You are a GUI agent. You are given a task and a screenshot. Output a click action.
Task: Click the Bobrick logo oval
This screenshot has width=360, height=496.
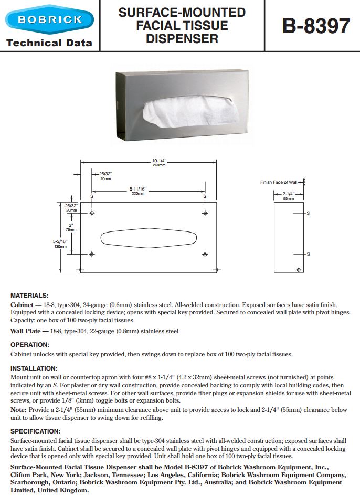pyautogui.click(x=49, y=20)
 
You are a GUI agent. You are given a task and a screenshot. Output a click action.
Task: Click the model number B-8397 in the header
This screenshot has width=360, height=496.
pyautogui.click(x=316, y=26)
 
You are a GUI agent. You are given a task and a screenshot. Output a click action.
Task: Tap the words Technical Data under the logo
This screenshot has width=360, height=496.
pyautogui.click(x=49, y=43)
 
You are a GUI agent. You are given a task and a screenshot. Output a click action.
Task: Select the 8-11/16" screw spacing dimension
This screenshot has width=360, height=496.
pyautogui.click(x=138, y=191)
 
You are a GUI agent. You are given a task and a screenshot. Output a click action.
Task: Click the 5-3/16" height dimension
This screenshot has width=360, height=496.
pyautogui.click(x=60, y=242)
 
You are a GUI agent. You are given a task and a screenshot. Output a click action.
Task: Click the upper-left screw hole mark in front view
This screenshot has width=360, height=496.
pyautogui.click(x=92, y=213)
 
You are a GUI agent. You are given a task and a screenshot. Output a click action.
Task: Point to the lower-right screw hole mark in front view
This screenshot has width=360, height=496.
pyautogui.click(x=205, y=254)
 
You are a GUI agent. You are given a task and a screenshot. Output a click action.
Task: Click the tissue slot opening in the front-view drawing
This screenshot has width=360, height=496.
pyautogui.click(x=148, y=237)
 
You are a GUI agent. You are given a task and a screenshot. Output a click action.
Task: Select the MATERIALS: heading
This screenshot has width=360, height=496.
pyautogui.click(x=29, y=296)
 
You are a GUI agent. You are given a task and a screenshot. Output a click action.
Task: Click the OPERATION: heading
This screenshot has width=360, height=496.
pyautogui.click(x=30, y=345)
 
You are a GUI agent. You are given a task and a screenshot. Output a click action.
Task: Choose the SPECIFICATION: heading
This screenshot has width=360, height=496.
pyautogui.click(x=35, y=431)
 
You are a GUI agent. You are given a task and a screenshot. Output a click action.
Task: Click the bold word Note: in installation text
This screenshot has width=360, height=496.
pyautogui.click(x=19, y=409)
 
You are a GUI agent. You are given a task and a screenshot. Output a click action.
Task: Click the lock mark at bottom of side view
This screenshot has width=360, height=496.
pyautogui.click(x=299, y=270)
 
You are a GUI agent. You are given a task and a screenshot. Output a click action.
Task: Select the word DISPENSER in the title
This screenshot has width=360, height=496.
pyautogui.click(x=182, y=38)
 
